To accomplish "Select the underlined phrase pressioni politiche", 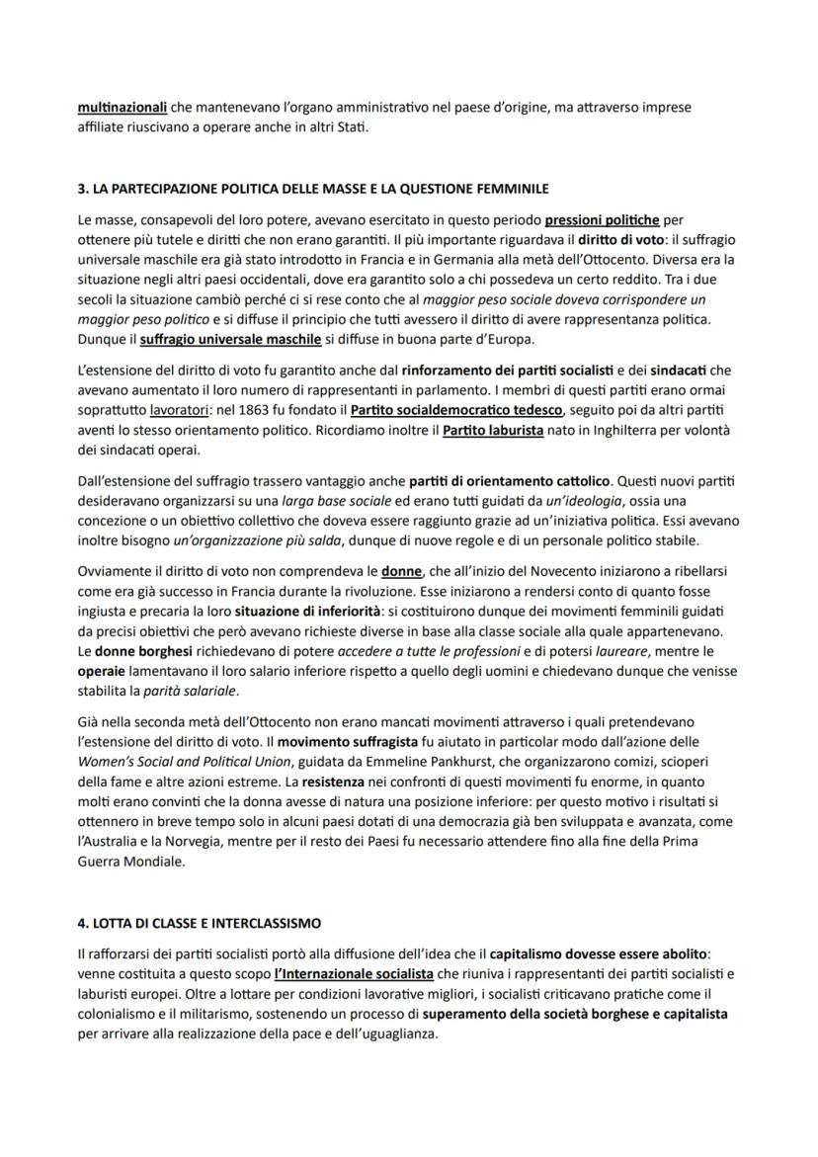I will click(x=601, y=220).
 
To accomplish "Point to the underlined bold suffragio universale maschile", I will click(x=230, y=339).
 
